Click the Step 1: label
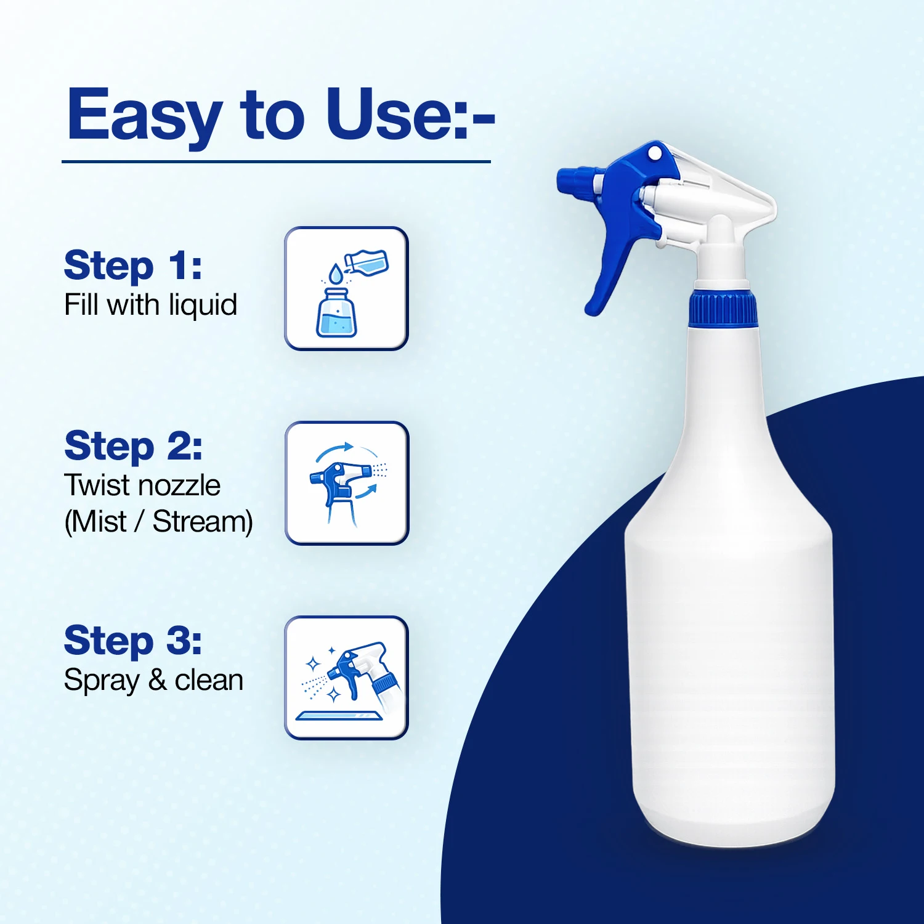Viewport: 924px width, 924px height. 133,266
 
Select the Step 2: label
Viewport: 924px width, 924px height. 133,446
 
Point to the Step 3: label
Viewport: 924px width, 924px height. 133,641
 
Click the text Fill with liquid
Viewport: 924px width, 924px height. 150,306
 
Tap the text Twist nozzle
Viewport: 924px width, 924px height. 142,485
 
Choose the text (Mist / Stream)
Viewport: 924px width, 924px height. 158,522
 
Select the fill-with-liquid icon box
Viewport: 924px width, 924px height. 346,288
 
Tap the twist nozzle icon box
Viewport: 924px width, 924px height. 347,483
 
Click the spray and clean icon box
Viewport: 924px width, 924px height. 346,678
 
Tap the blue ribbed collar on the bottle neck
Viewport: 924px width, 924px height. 723,308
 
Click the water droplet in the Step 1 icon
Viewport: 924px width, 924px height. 334,273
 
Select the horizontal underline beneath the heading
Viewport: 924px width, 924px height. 276,161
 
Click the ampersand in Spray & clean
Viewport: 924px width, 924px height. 158,680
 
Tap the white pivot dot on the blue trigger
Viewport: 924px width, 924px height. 655,152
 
